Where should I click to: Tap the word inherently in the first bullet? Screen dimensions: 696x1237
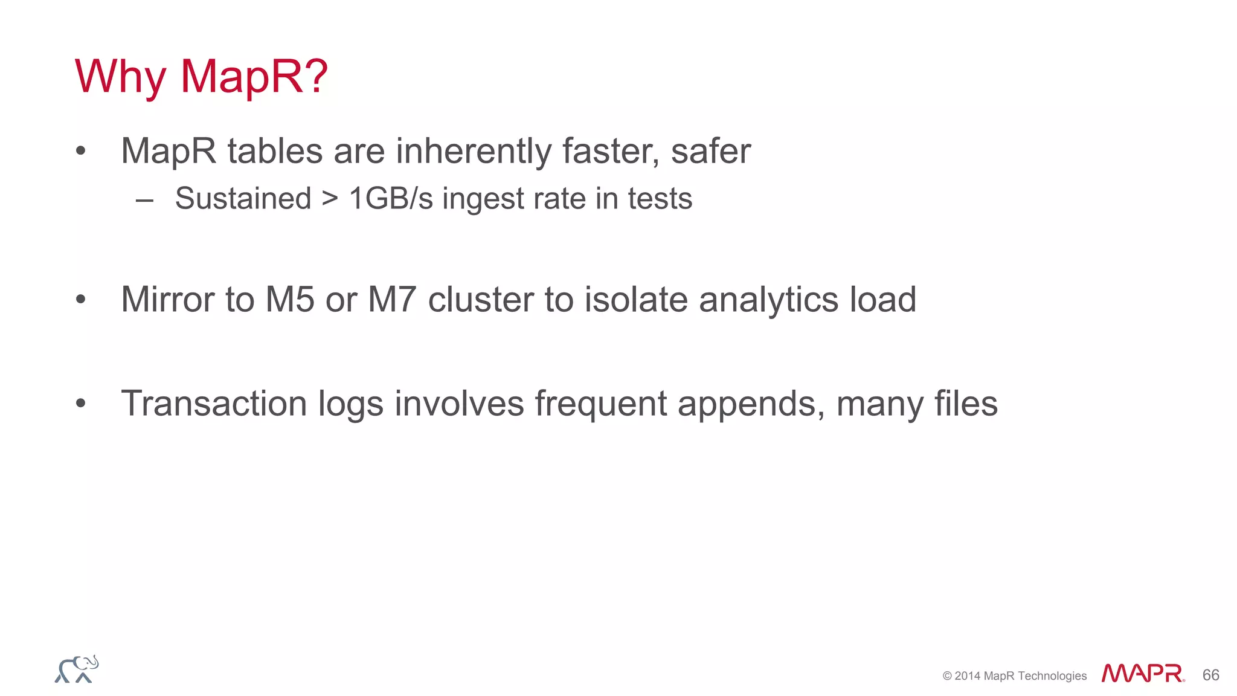coord(473,150)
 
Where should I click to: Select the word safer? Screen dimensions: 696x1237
coord(710,150)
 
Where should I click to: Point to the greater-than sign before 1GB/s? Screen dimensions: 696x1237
coord(330,199)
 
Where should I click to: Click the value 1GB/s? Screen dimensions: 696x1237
coord(391,199)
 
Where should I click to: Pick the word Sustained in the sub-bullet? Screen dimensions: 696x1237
coord(243,199)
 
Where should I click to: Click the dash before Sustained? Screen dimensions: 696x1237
coord(144,200)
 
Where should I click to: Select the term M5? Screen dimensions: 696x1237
coord(290,299)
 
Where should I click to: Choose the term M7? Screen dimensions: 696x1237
coord(392,299)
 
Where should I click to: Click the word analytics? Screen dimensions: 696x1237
coord(768,300)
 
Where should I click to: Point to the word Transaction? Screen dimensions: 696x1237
coord(214,403)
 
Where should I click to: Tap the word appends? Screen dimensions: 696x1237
coord(751,404)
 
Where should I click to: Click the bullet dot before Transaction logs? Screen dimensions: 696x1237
coord(81,403)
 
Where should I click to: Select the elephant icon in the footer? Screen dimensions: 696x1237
coord(77,669)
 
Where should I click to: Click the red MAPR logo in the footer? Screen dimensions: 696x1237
coord(1142,674)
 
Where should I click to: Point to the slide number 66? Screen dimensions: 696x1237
coord(1210,675)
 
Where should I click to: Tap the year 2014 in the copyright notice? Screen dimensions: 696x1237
coord(967,676)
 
